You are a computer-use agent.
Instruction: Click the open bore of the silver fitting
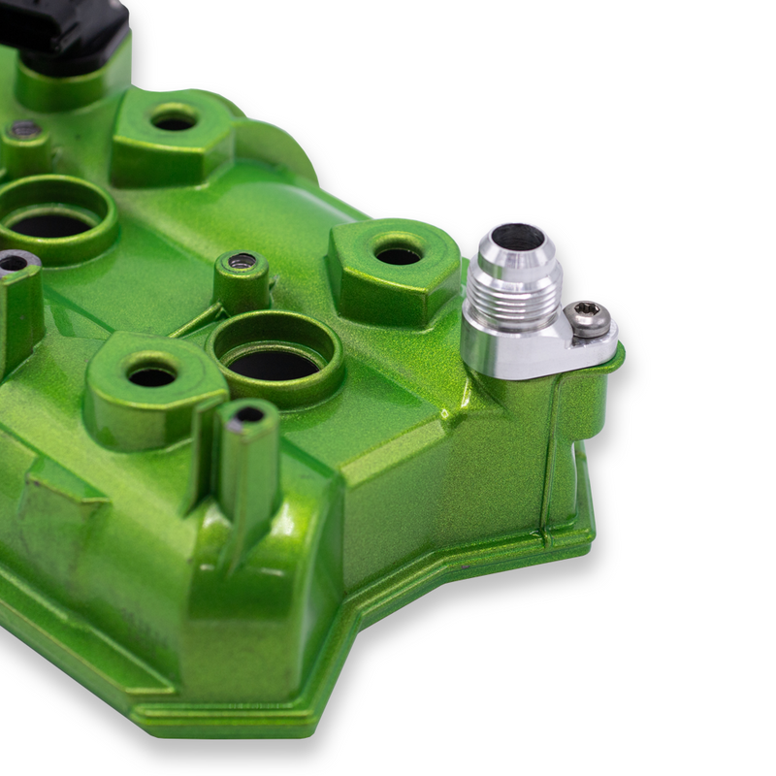click(518, 238)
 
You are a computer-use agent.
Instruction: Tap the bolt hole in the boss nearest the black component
click(175, 122)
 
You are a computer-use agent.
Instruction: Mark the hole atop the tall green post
click(249, 414)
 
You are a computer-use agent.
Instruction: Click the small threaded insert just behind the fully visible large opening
click(242, 261)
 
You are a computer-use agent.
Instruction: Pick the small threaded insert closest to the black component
click(25, 129)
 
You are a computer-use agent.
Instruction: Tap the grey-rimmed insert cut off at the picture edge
click(13, 262)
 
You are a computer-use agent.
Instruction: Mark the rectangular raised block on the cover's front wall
click(58, 504)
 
